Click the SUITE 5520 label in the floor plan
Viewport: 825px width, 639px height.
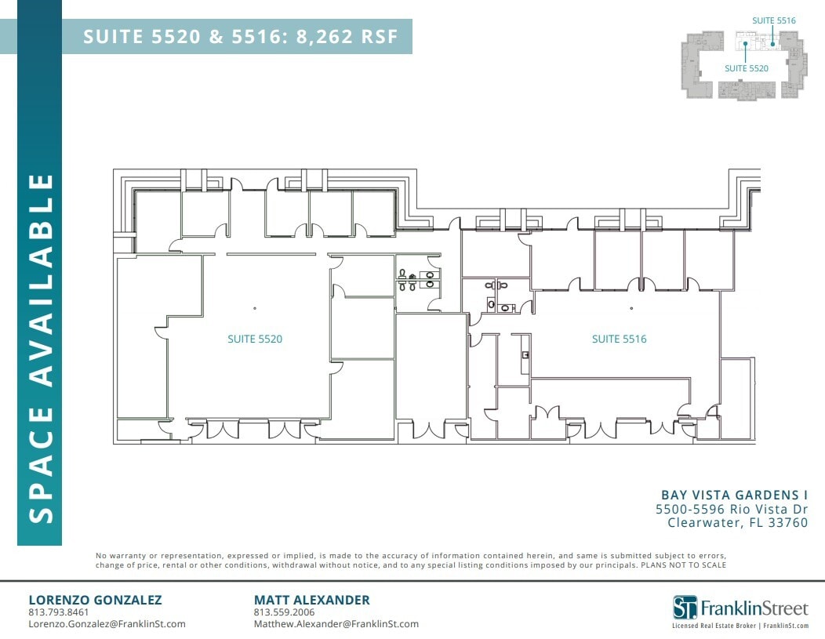[x=255, y=339]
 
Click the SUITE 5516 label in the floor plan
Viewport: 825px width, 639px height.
[x=619, y=339]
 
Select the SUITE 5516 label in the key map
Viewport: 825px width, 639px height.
[x=774, y=20]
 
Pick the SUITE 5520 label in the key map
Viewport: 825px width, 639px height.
[x=746, y=68]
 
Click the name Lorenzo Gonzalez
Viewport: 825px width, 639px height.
[x=95, y=600]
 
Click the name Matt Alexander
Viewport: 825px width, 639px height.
[x=311, y=600]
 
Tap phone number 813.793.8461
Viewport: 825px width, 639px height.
[x=59, y=612]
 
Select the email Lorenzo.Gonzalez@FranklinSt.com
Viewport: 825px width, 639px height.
[x=107, y=624]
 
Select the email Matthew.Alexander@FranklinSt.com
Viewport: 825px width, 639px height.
[x=336, y=624]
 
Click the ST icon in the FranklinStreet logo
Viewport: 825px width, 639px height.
[x=685, y=607]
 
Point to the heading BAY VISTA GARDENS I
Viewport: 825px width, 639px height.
[x=734, y=495]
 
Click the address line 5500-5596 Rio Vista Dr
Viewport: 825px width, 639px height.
[x=731, y=509]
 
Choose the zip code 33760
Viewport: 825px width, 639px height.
[x=789, y=523]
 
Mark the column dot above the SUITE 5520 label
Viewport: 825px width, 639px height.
[x=255, y=308]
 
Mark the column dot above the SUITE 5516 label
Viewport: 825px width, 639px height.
[x=631, y=308]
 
